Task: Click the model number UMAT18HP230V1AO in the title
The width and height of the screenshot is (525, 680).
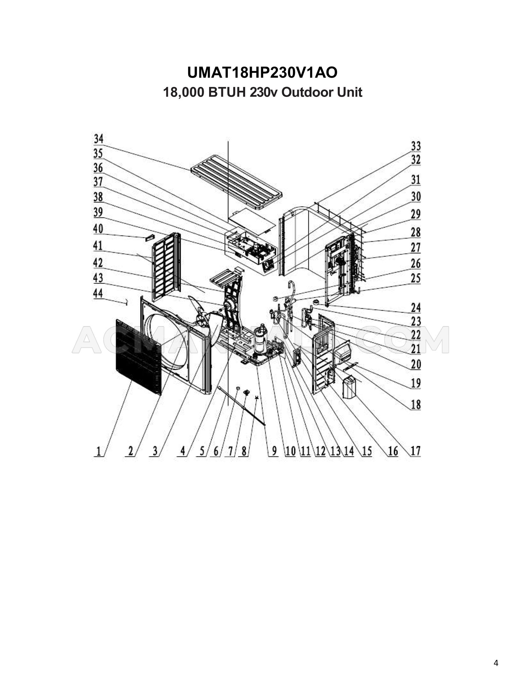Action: click(262, 73)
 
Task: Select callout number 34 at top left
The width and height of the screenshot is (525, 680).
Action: click(98, 139)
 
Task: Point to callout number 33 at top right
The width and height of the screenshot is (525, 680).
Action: click(416, 146)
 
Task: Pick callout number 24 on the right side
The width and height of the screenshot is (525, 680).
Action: click(416, 307)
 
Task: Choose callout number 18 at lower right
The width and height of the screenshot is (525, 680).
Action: click(416, 404)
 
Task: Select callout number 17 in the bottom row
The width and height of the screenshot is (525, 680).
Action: click(415, 451)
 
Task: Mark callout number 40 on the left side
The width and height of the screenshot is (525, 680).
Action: click(98, 229)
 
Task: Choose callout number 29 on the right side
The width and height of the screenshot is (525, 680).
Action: click(416, 214)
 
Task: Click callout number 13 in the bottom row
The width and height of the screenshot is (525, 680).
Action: click(335, 451)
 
